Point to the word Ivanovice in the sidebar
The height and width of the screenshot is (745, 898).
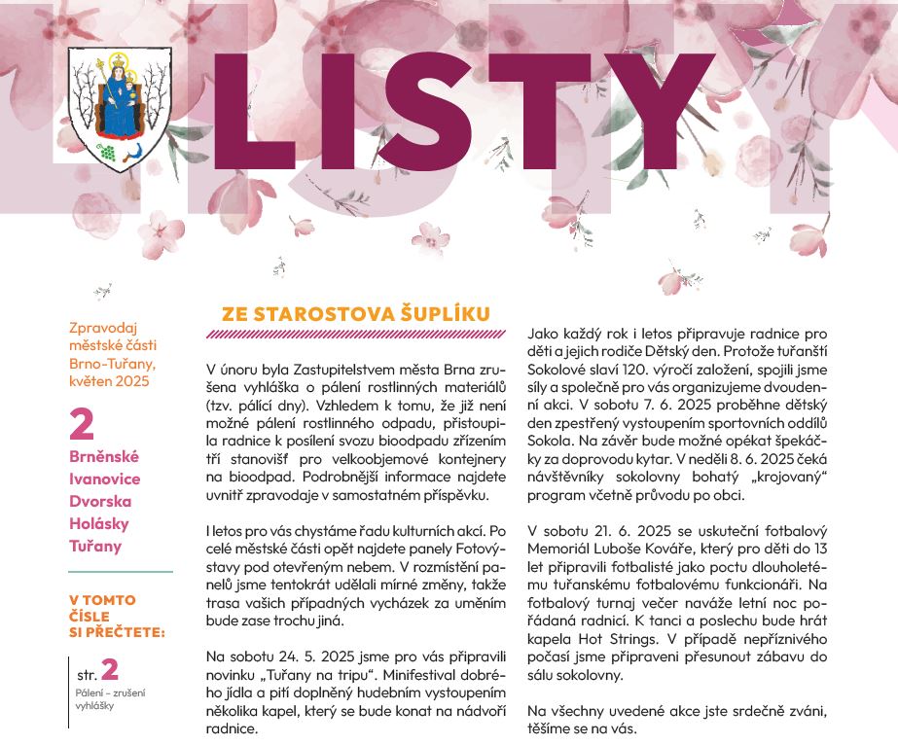click(x=105, y=479)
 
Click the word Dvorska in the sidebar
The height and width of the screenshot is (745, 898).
click(x=100, y=501)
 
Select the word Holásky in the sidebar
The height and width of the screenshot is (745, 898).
click(x=98, y=523)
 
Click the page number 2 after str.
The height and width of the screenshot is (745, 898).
click(x=110, y=669)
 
